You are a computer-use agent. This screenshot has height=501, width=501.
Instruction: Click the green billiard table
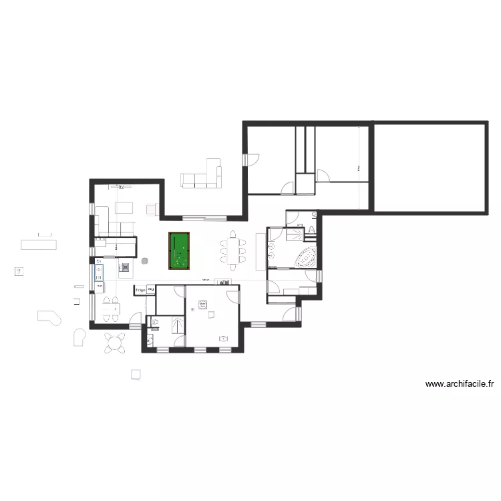click(x=179, y=251)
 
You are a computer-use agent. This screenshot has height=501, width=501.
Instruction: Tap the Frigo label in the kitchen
click(x=140, y=290)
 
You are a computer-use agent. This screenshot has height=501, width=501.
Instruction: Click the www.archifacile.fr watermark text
click(x=460, y=384)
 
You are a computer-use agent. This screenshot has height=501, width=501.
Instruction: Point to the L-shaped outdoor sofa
click(x=202, y=176)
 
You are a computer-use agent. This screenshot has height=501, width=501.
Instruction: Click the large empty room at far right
click(x=430, y=167)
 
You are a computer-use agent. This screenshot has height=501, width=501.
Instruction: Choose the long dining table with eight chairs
click(x=232, y=251)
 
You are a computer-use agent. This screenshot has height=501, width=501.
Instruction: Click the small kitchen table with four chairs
click(x=110, y=307)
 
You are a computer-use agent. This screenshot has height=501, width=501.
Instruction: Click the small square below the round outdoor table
click(x=136, y=374)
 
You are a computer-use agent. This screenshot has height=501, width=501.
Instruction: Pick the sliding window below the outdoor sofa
click(x=204, y=218)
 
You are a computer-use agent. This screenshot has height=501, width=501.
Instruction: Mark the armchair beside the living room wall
click(x=152, y=210)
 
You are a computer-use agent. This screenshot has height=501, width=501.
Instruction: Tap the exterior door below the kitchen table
click(x=135, y=325)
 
